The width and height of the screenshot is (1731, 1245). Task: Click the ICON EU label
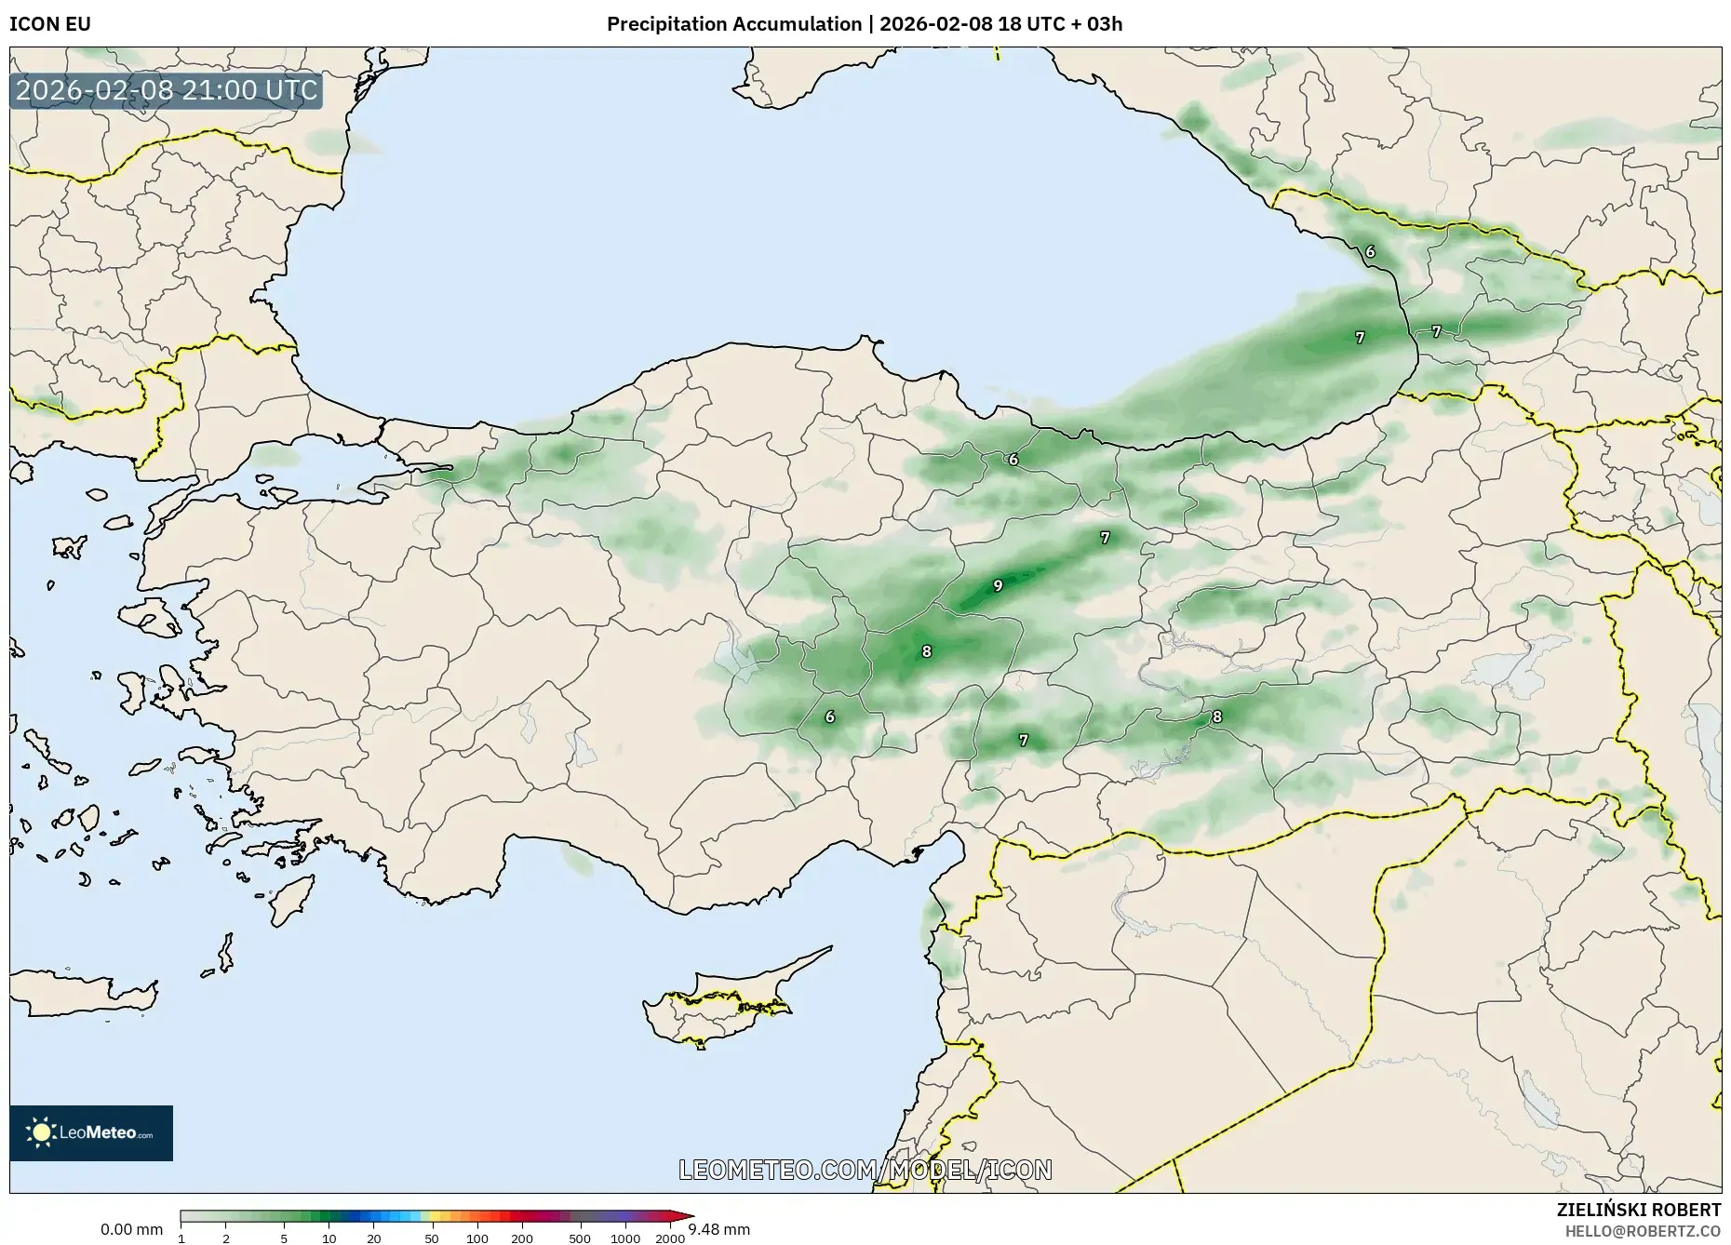click(50, 24)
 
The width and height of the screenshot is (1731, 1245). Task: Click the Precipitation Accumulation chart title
click(864, 24)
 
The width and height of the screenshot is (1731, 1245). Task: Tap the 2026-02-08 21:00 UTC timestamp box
click(167, 90)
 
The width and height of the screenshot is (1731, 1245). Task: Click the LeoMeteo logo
click(91, 1132)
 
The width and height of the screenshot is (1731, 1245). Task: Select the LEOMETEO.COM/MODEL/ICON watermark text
click(865, 1170)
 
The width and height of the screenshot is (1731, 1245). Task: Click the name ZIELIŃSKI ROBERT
click(1638, 1210)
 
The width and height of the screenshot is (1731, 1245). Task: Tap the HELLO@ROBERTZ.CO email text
click(1643, 1230)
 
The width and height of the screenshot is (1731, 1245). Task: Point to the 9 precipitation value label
click(998, 585)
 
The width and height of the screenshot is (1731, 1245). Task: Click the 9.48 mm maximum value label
click(719, 1229)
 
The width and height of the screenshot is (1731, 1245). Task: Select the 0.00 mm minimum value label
click(131, 1229)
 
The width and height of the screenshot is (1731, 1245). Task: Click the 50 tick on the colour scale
click(432, 1238)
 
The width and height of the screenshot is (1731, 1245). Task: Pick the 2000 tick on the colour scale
click(670, 1238)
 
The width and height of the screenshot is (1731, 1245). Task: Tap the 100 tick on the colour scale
click(477, 1238)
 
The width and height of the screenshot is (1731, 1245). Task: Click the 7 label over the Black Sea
click(1360, 338)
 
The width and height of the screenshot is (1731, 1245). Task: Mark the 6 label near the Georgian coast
click(1370, 251)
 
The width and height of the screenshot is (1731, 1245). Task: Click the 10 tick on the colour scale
click(329, 1238)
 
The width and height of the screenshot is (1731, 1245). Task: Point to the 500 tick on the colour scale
click(580, 1238)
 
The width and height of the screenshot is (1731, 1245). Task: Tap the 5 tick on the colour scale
click(284, 1238)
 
